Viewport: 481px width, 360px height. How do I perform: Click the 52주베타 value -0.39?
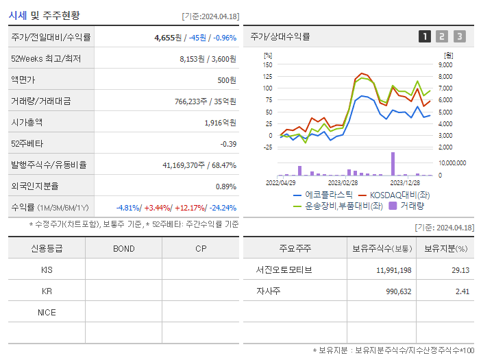(x=227, y=144)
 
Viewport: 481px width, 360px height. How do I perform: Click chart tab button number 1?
(x=425, y=37)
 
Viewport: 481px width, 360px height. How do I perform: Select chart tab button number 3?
(x=459, y=37)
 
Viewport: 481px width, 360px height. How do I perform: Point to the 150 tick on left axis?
(x=268, y=64)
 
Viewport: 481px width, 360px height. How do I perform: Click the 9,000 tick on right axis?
(x=445, y=64)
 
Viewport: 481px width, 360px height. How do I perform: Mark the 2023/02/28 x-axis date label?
(x=343, y=183)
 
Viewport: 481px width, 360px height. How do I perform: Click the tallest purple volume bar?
(x=393, y=163)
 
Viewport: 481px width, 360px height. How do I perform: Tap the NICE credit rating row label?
(x=47, y=313)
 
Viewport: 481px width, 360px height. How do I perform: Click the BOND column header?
(x=123, y=249)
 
